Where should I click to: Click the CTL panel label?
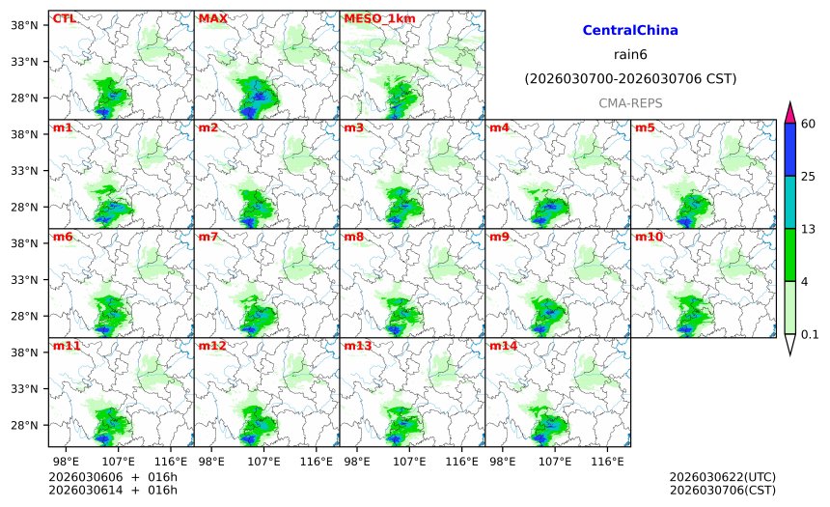[x=64, y=18]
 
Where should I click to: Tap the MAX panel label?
[x=212, y=18]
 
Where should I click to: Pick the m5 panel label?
[x=645, y=127]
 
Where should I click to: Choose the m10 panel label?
[x=649, y=237]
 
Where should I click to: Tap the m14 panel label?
[x=503, y=346]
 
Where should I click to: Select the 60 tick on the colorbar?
[x=810, y=123]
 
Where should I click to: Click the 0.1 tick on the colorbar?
[x=810, y=335]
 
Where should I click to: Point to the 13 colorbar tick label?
[x=810, y=228]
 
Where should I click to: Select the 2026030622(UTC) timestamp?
[x=722, y=477]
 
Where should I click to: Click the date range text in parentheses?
[x=630, y=78]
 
